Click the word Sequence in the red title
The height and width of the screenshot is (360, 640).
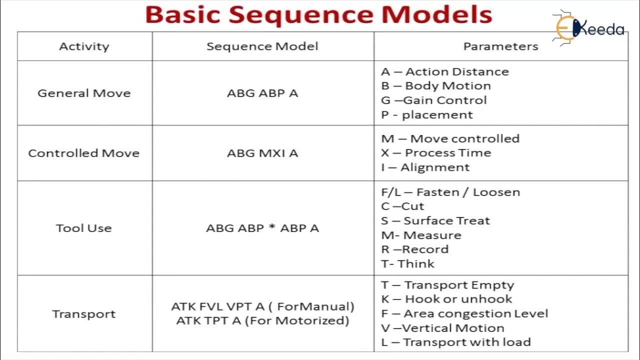[301, 14]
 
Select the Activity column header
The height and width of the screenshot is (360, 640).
[84, 46]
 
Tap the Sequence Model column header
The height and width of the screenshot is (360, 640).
[262, 46]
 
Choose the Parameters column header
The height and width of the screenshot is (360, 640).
[500, 46]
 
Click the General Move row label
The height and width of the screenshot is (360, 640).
[84, 93]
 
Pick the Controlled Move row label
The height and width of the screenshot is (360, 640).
[84, 153]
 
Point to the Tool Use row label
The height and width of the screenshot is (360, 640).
[84, 228]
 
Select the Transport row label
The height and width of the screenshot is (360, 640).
[84, 314]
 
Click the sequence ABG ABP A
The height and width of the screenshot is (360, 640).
[262, 93]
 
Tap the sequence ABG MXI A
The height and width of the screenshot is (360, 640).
[262, 153]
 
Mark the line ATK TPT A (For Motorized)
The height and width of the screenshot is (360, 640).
[262, 320]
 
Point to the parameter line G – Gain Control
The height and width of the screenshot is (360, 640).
[434, 100]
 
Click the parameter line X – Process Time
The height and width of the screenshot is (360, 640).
[436, 153]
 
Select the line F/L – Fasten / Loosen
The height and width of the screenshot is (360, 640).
[450, 192]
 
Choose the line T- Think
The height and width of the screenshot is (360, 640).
[408, 263]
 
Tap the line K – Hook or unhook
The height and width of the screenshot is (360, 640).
[446, 299]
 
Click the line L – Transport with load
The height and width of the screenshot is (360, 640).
[455, 342]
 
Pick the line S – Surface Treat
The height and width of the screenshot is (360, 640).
[435, 220]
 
